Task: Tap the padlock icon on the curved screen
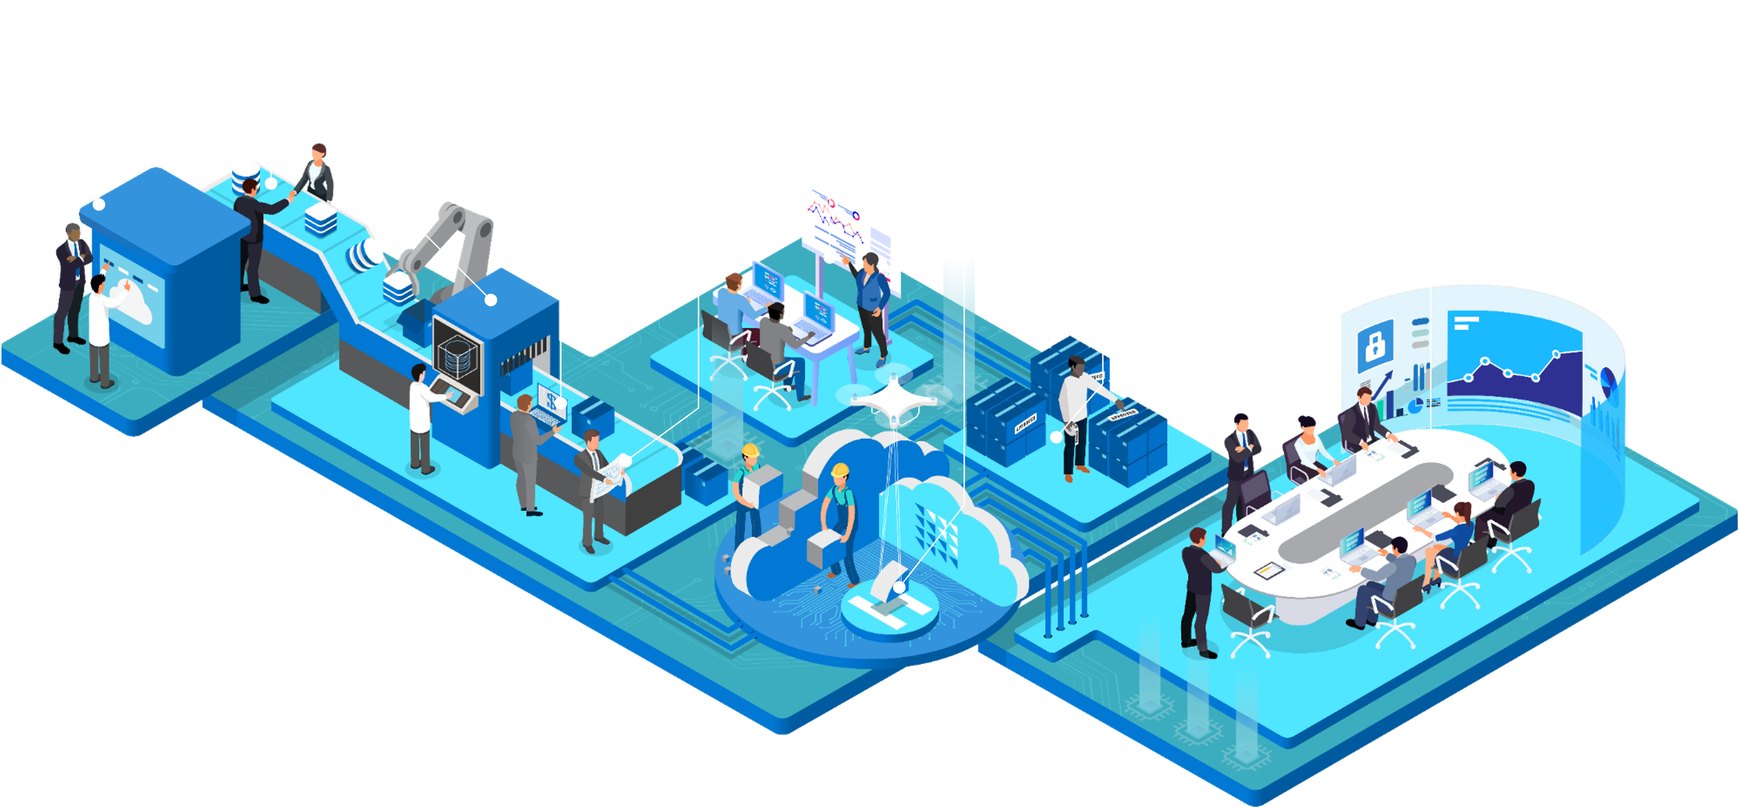point(1374,345)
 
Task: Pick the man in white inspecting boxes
point(1076,419)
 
